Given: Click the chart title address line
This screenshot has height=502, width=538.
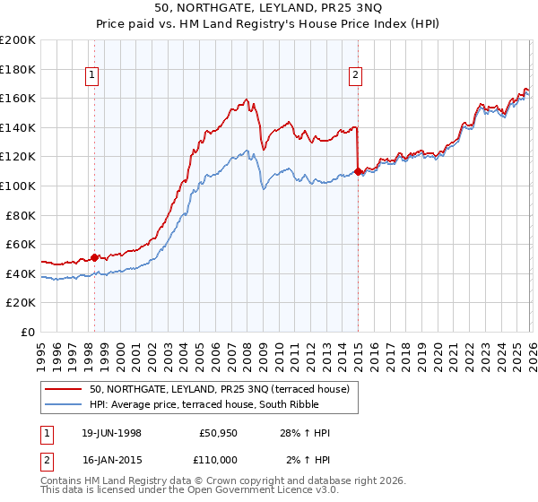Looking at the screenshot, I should point(269,8).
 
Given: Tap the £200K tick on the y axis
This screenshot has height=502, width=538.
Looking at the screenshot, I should point(18,40).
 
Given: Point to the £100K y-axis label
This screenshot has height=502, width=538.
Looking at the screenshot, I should point(18,186).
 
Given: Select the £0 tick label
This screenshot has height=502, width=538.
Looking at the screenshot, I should point(29,332).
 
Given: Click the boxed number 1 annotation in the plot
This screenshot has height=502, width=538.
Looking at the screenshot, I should point(93,76).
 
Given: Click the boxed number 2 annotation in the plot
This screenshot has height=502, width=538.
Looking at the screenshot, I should point(356,76).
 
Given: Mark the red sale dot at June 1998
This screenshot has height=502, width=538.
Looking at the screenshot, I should point(95,256).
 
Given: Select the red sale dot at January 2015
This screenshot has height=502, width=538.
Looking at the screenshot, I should point(358,170).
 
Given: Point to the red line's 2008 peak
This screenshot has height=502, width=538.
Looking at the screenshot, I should point(246,99).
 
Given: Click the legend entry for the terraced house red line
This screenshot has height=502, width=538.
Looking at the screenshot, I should point(224,388).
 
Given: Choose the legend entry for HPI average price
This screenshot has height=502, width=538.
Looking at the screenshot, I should point(211,404).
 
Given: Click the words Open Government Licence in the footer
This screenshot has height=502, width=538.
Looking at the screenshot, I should point(261,492).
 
